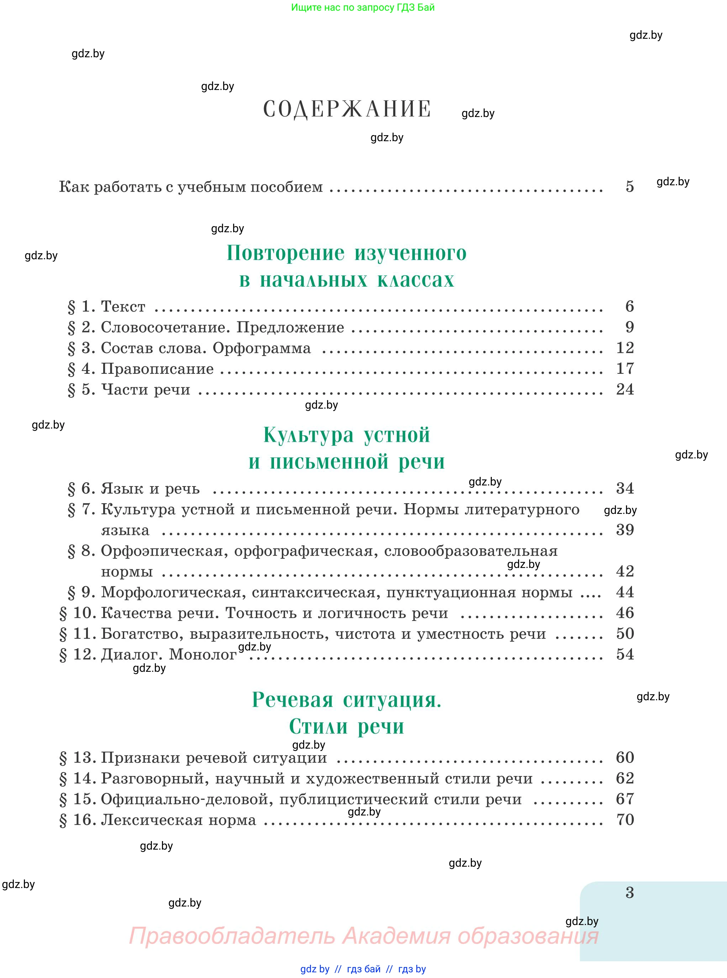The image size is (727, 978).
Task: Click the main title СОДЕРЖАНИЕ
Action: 347,109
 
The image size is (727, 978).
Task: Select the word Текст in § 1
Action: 123,306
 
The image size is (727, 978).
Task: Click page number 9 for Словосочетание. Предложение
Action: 630,327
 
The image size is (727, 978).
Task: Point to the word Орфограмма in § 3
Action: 262,348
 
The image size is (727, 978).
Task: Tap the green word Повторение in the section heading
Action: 285,253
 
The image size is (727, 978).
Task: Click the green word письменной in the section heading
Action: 329,462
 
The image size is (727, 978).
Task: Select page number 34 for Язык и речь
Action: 625,488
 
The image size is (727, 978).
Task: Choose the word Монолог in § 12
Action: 203,654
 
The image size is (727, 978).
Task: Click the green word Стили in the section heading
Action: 318,727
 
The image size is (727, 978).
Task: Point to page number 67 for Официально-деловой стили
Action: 625,799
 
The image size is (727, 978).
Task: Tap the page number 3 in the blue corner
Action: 630,892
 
